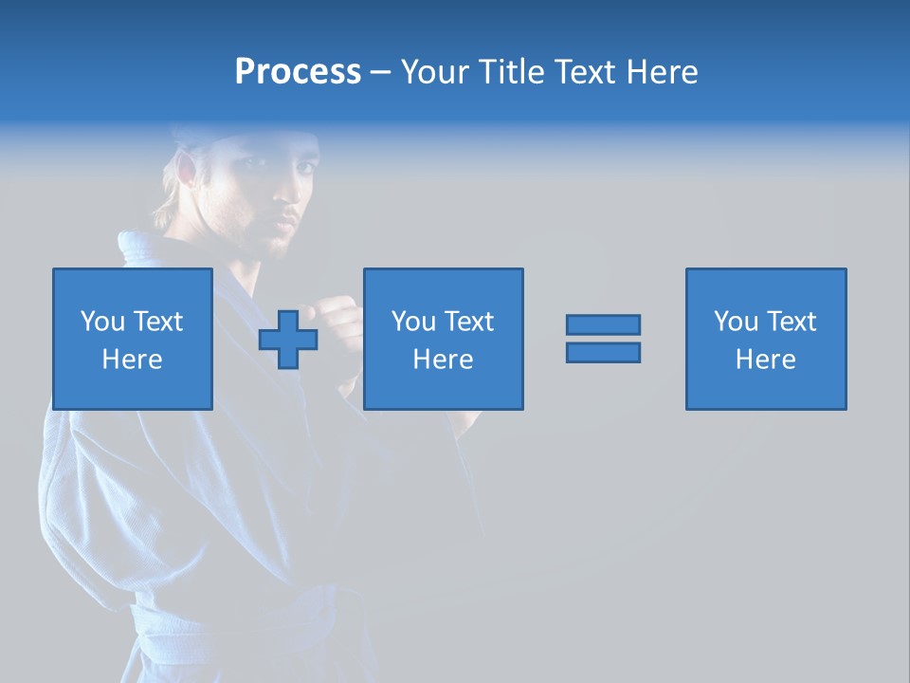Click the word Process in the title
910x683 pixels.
(298, 72)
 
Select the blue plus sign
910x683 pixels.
(288, 339)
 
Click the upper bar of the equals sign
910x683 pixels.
(603, 324)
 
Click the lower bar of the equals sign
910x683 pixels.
(603, 352)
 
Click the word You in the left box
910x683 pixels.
(102, 322)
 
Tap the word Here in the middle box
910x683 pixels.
(443, 360)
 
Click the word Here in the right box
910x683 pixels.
(765, 360)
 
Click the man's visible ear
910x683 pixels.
(185, 171)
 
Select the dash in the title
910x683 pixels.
(380, 72)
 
